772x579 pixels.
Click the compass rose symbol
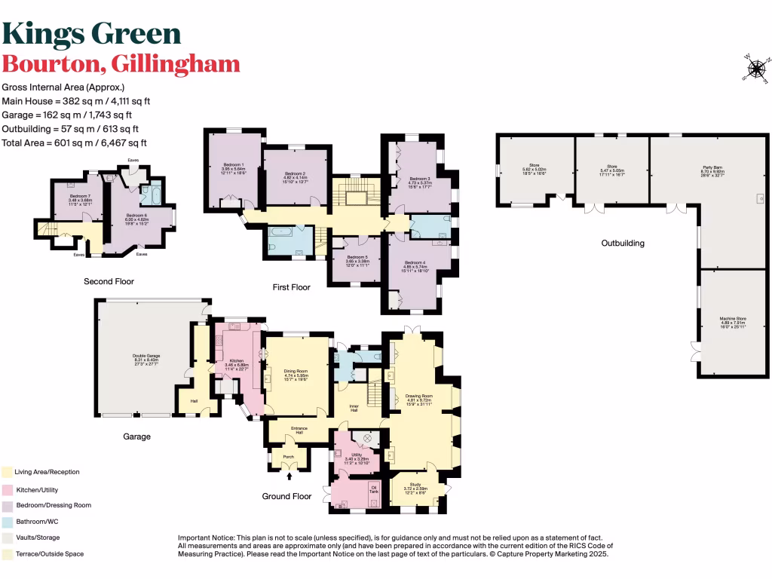[754, 67]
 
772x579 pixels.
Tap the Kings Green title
[91, 33]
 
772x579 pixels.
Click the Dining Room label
[296, 371]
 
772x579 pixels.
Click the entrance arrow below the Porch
[290, 476]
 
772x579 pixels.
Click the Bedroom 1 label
[233, 167]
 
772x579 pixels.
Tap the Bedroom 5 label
[357, 260]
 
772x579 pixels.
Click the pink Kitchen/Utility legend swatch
[7, 489]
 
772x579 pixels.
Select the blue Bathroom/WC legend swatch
[7, 521]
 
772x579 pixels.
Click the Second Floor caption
[109, 281]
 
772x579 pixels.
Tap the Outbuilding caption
[622, 244]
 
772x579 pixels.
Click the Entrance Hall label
[299, 431]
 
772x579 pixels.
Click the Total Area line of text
[75, 142]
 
